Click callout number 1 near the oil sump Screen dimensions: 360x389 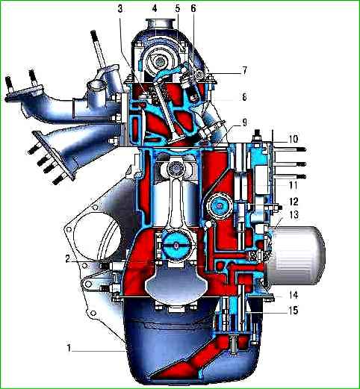tap(69, 348)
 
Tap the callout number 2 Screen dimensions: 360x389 tap(68, 259)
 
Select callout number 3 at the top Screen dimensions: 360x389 tap(120, 9)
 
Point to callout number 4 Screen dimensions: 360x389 tap(155, 9)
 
